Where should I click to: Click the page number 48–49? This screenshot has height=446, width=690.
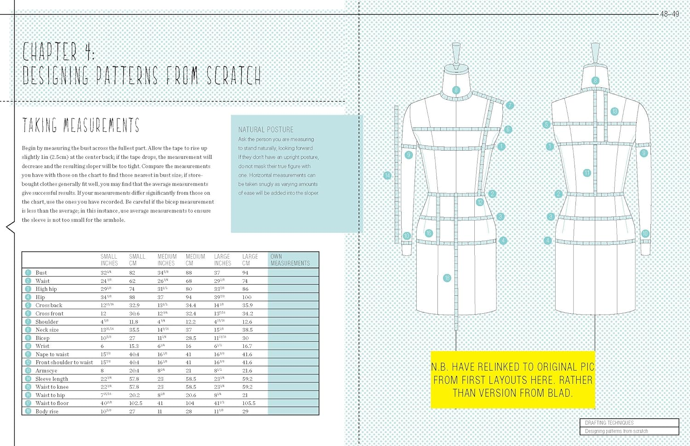669,14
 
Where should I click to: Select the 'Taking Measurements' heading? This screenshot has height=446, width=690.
81,125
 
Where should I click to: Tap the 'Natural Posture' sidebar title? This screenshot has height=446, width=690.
265,130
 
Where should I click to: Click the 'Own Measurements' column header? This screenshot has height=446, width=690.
290,260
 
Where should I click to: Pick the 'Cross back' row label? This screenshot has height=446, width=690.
49,305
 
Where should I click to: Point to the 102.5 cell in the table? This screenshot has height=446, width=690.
136,403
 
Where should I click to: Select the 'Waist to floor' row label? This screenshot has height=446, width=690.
52,403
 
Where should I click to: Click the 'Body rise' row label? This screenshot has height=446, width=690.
47,412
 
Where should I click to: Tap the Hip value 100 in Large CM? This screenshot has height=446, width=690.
247,297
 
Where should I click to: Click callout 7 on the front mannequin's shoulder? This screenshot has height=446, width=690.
510,105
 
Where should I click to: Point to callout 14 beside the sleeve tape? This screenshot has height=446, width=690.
387,175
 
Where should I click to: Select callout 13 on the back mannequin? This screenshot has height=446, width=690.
614,111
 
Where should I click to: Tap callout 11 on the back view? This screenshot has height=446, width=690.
586,173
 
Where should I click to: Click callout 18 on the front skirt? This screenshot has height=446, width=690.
447,278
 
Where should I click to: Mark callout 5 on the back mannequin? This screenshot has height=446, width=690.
546,124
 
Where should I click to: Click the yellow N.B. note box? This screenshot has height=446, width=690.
512,380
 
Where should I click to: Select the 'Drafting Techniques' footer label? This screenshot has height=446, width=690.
609,423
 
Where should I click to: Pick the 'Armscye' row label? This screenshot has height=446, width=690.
46,371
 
